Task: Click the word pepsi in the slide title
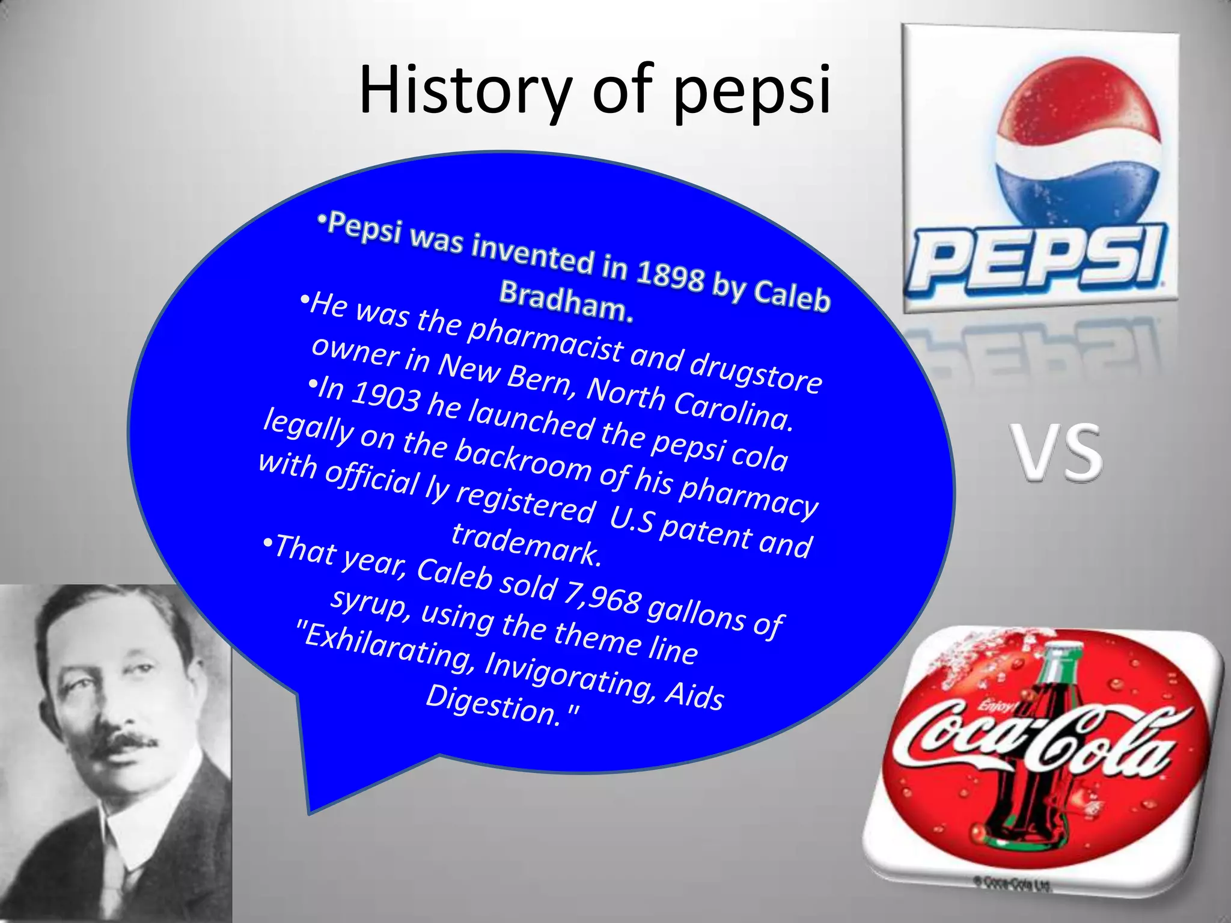pos(751,93)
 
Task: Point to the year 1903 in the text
pos(385,397)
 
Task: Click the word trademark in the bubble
pos(525,544)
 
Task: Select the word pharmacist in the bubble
pos(545,337)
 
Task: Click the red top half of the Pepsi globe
pos(1070,102)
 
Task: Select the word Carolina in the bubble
pos(730,409)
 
